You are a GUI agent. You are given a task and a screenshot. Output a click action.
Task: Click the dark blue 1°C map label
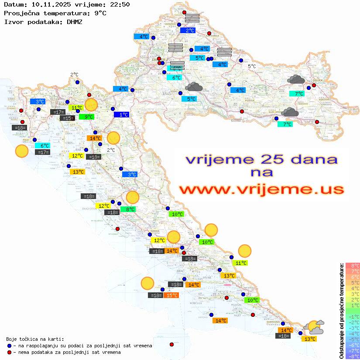[121, 115]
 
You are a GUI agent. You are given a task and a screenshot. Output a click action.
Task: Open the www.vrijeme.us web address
[261, 189]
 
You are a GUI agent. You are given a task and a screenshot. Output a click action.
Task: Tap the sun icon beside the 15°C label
[147, 284]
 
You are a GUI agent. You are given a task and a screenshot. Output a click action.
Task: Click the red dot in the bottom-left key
[10, 352]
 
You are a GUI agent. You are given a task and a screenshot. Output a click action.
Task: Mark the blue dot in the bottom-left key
[10, 346]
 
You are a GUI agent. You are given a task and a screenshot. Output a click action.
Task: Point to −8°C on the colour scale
[353, 357]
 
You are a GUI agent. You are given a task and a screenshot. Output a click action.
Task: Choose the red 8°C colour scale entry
[353, 266]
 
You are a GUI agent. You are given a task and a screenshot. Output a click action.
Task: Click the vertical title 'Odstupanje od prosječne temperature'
[341, 311]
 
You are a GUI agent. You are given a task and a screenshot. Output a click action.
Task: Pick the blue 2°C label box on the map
[188, 31]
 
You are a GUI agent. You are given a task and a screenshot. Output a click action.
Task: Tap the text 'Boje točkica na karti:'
[35, 339]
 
